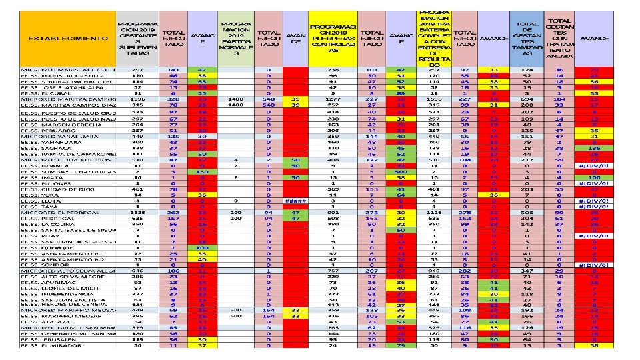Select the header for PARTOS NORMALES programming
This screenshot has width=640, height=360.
235,38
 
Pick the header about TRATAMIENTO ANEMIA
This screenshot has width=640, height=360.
559,38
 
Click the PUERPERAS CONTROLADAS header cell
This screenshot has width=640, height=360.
333,38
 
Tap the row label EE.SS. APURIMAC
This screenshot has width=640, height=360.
47,283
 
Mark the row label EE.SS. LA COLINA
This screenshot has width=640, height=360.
47,224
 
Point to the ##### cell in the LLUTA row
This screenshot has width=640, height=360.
295,200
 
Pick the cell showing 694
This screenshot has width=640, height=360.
528,99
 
